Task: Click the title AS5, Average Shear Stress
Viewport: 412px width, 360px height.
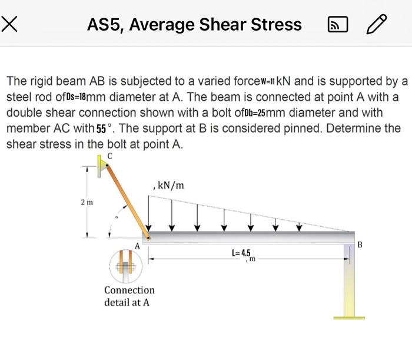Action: click(194, 25)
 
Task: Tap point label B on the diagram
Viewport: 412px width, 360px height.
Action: click(361, 243)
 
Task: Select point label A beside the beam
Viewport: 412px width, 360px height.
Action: click(138, 245)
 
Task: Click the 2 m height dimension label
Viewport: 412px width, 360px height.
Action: click(87, 202)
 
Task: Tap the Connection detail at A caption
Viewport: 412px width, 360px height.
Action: click(129, 296)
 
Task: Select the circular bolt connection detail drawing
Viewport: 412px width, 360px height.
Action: click(125, 265)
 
